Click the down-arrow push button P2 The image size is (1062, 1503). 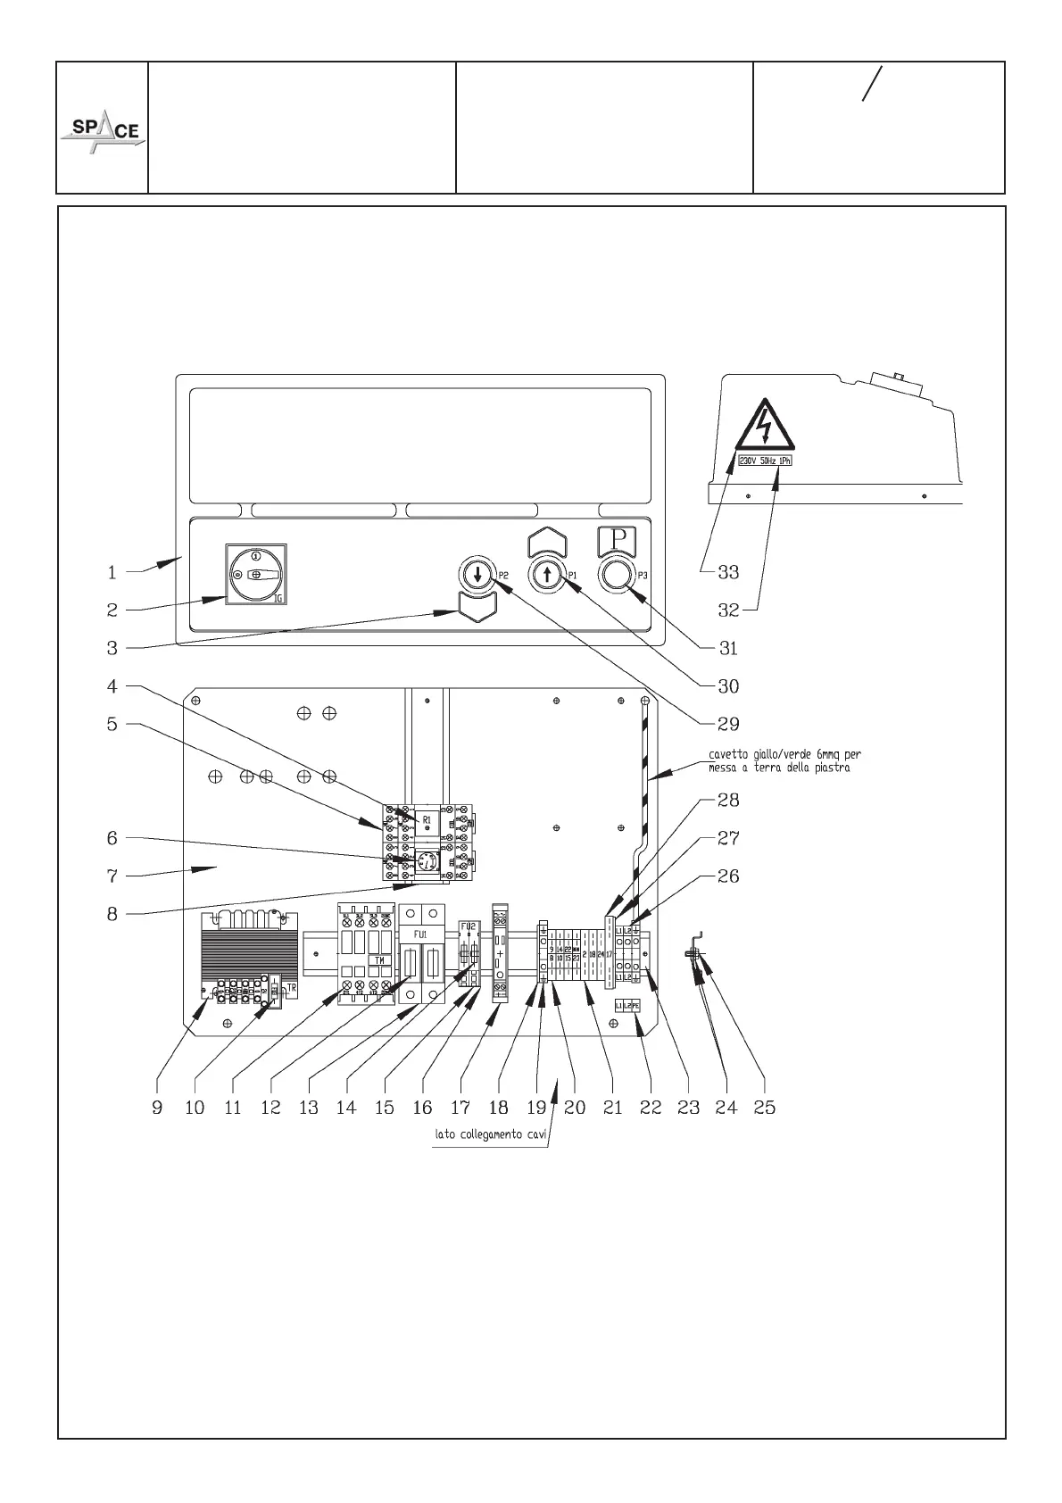(x=478, y=574)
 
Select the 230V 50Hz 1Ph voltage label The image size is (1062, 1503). (x=765, y=461)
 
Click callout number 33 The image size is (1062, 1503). (x=728, y=571)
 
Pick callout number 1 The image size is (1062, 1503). (x=112, y=573)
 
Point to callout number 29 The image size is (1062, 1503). (x=728, y=723)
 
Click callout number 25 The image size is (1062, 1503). (x=765, y=1108)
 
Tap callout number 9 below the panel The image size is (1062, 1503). (x=157, y=1108)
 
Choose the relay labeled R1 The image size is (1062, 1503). (x=427, y=818)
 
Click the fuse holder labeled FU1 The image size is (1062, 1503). (x=419, y=933)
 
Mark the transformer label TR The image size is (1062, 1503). (x=291, y=988)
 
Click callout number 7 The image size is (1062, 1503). (x=112, y=876)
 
